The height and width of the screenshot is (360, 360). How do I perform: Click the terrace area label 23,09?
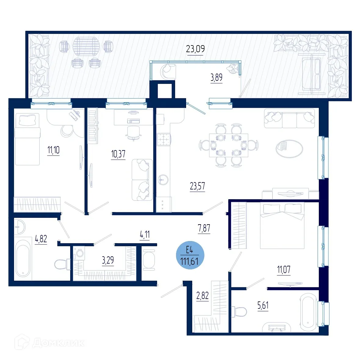click(x=195, y=49)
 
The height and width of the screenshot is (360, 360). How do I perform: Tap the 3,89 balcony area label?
click(x=216, y=77)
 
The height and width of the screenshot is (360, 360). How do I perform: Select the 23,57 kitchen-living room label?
click(x=197, y=186)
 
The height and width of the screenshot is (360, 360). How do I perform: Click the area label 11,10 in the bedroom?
click(x=53, y=150)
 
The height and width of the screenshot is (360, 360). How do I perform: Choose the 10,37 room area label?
click(x=118, y=154)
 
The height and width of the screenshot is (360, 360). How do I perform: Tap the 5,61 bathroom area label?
click(x=263, y=305)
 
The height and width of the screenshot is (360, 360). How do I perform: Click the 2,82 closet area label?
click(x=202, y=296)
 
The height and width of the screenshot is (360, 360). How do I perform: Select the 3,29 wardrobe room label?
click(x=108, y=260)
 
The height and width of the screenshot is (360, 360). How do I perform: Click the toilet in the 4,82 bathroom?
click(x=62, y=264)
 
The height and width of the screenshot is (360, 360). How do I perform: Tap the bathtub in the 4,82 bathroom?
click(x=23, y=258)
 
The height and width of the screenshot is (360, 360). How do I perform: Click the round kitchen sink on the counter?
click(x=163, y=180)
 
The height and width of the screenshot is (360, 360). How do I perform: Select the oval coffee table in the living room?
click(x=289, y=149)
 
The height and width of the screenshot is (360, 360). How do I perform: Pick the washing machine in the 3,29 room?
click(x=80, y=253)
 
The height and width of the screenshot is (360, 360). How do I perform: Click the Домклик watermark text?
click(x=58, y=343)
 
